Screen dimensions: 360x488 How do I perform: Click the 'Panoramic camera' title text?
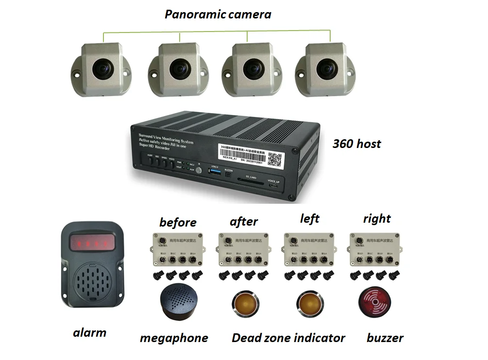[218, 15]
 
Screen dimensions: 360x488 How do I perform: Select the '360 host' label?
[356, 144]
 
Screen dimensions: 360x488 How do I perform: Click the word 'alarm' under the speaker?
[89, 333]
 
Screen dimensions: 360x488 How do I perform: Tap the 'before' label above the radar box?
[178, 223]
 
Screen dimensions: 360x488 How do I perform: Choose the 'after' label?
[243, 222]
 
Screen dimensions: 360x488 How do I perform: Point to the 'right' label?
[376, 219]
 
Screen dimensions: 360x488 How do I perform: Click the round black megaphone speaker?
[177, 302]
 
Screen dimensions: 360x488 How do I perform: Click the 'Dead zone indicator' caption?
[288, 338]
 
